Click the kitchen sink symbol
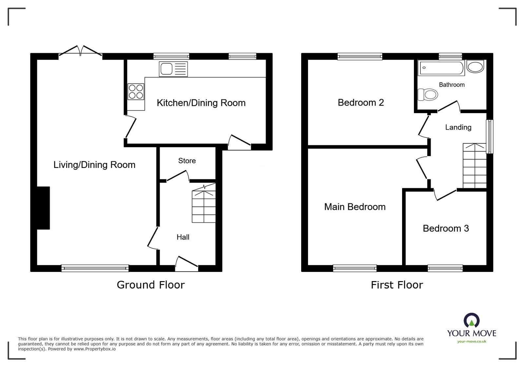pyautogui.click(x=173, y=69)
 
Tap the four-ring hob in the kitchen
pyautogui.click(x=136, y=92)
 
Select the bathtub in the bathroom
pyautogui.click(x=441, y=68)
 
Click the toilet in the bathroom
pyautogui.click(x=428, y=95)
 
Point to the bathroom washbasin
pyautogui.click(x=475, y=67)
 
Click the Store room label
pyautogui.click(x=187, y=161)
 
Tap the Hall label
pyautogui.click(x=183, y=237)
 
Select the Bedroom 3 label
pyautogui.click(x=446, y=228)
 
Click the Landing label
pyautogui.click(x=458, y=127)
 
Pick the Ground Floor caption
pyautogui.click(x=151, y=285)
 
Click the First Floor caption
pyautogui.click(x=397, y=285)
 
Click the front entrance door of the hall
pyautogui.click(x=186, y=264)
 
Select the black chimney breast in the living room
pyautogui.click(x=43, y=208)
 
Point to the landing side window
pyautogui.click(x=489, y=136)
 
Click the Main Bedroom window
pyautogui.click(x=355, y=268)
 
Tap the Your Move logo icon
pyautogui.click(x=472, y=320)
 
